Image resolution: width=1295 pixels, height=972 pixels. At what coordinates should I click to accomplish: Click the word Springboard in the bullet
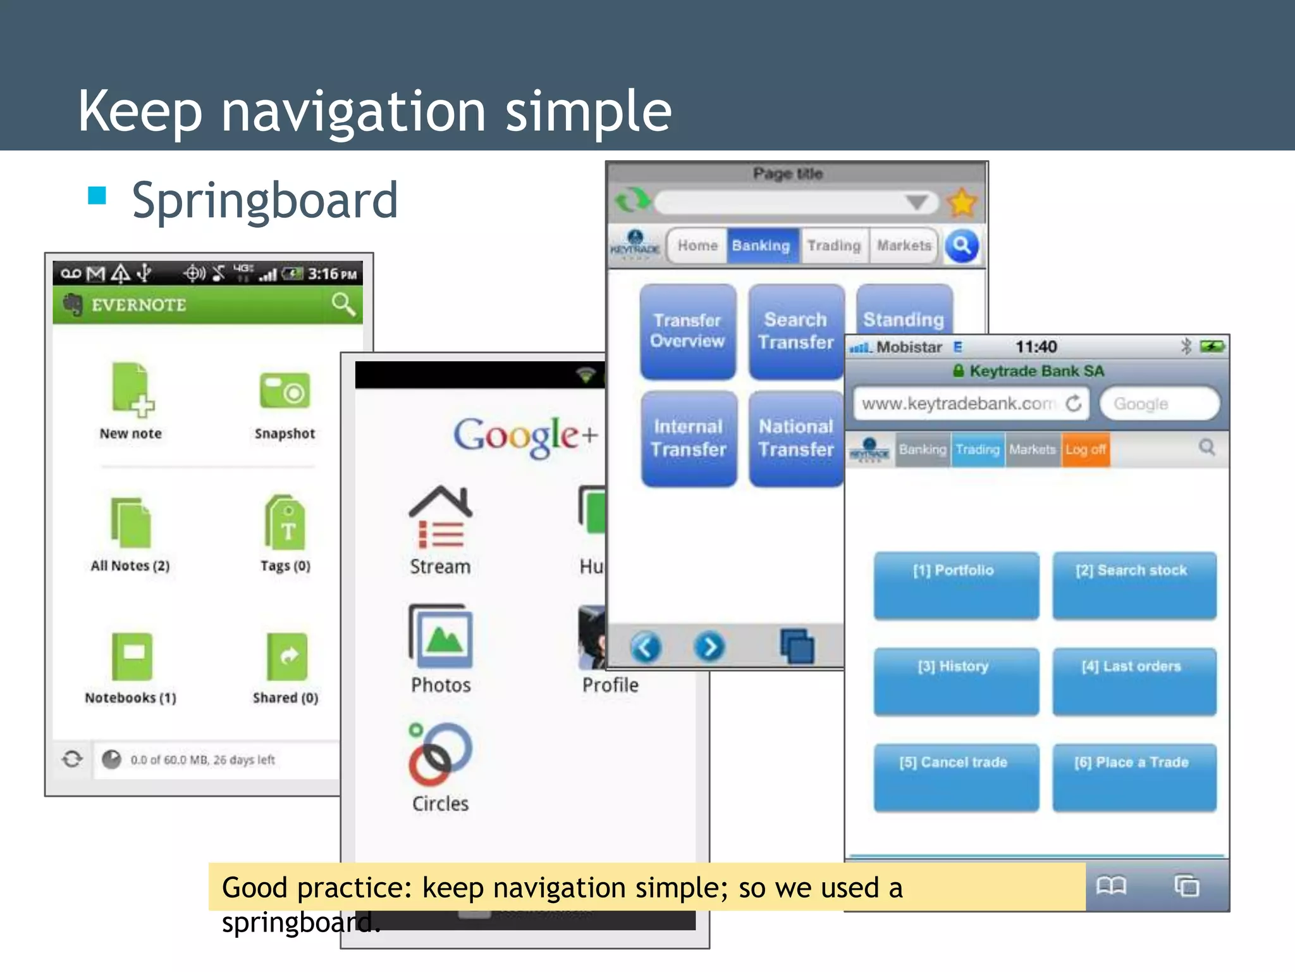click(x=265, y=201)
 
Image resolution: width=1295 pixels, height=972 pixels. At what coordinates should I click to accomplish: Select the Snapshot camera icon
click(x=285, y=390)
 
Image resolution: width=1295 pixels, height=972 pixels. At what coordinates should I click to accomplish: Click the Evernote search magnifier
click(x=343, y=304)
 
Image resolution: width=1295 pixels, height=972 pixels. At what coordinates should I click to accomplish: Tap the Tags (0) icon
click(x=286, y=523)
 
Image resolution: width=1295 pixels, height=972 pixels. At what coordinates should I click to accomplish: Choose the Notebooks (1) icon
click(x=132, y=656)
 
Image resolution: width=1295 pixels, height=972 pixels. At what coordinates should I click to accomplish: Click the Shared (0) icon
click(x=287, y=656)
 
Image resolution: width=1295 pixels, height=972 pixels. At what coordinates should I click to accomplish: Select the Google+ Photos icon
click(x=441, y=637)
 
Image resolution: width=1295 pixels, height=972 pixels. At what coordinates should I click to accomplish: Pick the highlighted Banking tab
click(x=761, y=246)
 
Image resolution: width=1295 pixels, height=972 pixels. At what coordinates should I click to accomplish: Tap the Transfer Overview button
click(x=687, y=331)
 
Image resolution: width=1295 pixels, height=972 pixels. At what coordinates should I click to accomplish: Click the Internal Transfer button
click(x=689, y=439)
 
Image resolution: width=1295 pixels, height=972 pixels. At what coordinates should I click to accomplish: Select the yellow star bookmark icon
click(x=962, y=202)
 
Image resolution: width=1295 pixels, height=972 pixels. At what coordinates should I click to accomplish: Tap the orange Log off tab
click(x=1086, y=449)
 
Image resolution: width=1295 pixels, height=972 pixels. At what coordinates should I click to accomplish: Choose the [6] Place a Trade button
click(x=1134, y=777)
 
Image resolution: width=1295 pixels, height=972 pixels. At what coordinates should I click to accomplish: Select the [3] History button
click(x=955, y=682)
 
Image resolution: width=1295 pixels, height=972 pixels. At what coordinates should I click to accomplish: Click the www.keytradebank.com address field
click(x=959, y=404)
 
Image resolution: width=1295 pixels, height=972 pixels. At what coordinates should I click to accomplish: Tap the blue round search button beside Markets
click(x=962, y=246)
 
